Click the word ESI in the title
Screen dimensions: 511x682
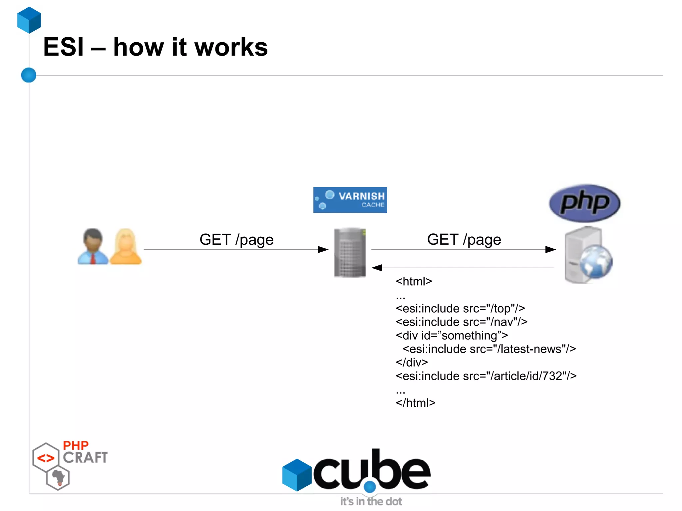(x=63, y=47)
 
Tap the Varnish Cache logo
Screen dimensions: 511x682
(x=350, y=200)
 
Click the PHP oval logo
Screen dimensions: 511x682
(x=584, y=203)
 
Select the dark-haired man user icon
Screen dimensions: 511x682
(x=93, y=246)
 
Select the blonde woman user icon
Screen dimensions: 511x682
(x=126, y=247)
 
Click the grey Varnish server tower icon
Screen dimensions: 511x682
(x=350, y=252)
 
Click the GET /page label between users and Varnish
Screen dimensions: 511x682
(x=236, y=240)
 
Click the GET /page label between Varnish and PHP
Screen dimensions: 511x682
(x=464, y=240)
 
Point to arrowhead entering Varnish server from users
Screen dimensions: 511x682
(x=323, y=249)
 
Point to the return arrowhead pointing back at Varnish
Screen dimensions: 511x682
(x=377, y=268)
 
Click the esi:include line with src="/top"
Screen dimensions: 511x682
(x=460, y=309)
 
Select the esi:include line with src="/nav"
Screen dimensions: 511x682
(x=462, y=322)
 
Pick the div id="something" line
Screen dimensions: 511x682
(x=452, y=335)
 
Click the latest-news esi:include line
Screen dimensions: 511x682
(x=489, y=349)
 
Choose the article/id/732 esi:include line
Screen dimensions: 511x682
(x=486, y=376)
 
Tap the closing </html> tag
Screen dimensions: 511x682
(x=415, y=403)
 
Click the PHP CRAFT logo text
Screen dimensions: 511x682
(x=85, y=452)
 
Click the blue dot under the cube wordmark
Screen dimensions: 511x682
(x=370, y=487)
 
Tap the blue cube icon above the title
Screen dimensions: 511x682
(x=29, y=20)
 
